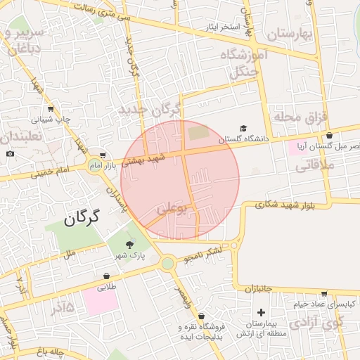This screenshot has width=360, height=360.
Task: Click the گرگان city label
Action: (82, 218)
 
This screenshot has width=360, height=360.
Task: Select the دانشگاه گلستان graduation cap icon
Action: (243, 129)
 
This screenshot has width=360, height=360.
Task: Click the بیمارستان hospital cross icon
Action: (262, 311)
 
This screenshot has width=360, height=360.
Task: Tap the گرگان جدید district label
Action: (150, 110)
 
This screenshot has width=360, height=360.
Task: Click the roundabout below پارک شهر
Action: (167, 264)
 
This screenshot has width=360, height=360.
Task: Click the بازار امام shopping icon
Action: (103, 155)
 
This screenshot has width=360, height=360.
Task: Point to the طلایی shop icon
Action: (105, 276)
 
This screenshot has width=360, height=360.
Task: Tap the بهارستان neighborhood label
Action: (289, 33)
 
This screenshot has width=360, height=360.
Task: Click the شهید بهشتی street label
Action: (145, 160)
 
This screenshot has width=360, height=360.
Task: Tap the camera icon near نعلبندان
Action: (10, 153)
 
